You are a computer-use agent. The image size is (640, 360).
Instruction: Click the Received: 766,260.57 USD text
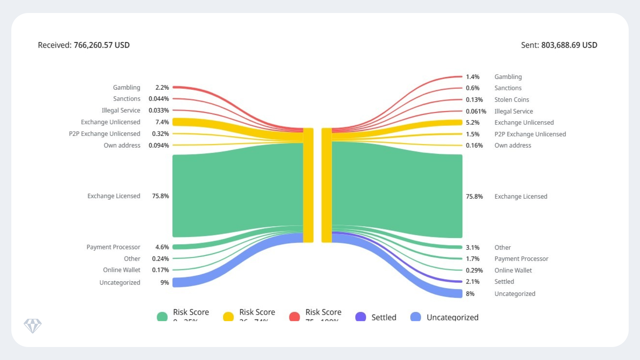coord(84,45)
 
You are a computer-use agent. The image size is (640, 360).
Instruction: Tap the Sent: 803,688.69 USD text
coord(559,45)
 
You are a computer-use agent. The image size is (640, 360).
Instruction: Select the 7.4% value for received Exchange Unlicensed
coord(162,122)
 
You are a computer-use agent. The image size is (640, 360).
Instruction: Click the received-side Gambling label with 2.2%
coord(126,87)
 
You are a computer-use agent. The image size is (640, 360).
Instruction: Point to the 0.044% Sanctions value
coord(159,99)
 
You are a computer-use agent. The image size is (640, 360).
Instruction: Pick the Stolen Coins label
coord(512,100)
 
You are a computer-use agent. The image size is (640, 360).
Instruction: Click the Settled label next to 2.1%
coord(504,282)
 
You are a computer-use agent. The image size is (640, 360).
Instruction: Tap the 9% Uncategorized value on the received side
coord(165,283)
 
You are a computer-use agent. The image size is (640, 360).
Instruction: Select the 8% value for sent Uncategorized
coord(470,294)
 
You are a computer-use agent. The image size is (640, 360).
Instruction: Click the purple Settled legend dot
coord(361,317)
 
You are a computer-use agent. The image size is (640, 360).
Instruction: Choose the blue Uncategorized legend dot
coord(416,317)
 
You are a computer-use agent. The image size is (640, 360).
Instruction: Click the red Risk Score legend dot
coord(294,317)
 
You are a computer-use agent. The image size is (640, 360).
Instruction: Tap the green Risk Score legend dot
coord(162,317)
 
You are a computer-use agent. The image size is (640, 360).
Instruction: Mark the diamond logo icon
coord(33,326)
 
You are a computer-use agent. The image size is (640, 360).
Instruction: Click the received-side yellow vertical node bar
coord(308,185)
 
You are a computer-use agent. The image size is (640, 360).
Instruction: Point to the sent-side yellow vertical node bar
coord(327,185)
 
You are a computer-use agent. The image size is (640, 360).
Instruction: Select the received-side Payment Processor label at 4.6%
coord(113,247)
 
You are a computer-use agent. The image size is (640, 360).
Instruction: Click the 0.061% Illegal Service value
coord(476,111)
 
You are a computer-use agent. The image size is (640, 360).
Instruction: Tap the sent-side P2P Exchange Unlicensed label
coord(530,134)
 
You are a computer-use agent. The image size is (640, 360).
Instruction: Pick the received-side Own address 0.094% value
coord(159,145)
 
